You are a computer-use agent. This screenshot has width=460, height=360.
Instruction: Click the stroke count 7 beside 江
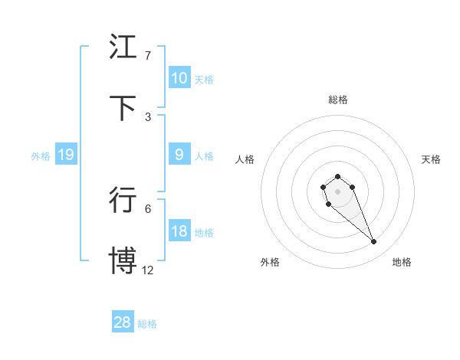coord(147,56)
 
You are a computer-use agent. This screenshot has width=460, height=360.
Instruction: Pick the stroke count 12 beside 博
coord(148,270)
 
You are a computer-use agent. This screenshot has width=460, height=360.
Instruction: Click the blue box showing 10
coord(179,78)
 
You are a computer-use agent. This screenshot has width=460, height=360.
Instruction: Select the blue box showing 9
coord(179,155)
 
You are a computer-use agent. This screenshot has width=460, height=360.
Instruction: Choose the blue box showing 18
coord(179,231)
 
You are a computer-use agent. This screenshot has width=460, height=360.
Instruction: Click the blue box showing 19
coord(65,155)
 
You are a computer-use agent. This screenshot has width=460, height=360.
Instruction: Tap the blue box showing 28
coord(123,322)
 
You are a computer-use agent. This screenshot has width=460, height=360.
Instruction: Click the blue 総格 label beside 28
coord(147,324)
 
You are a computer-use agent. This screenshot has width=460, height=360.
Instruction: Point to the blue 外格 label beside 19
coord(41,156)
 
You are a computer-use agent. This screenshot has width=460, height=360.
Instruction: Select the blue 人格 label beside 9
coord(204,156)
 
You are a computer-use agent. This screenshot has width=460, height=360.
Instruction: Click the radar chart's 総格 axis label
coord(338,100)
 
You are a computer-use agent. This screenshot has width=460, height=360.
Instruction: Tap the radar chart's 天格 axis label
coord(432,159)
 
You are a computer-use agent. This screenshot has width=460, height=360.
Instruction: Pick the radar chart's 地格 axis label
coord(402,262)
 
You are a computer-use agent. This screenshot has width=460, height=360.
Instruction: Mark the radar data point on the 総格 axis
coord(337,177)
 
